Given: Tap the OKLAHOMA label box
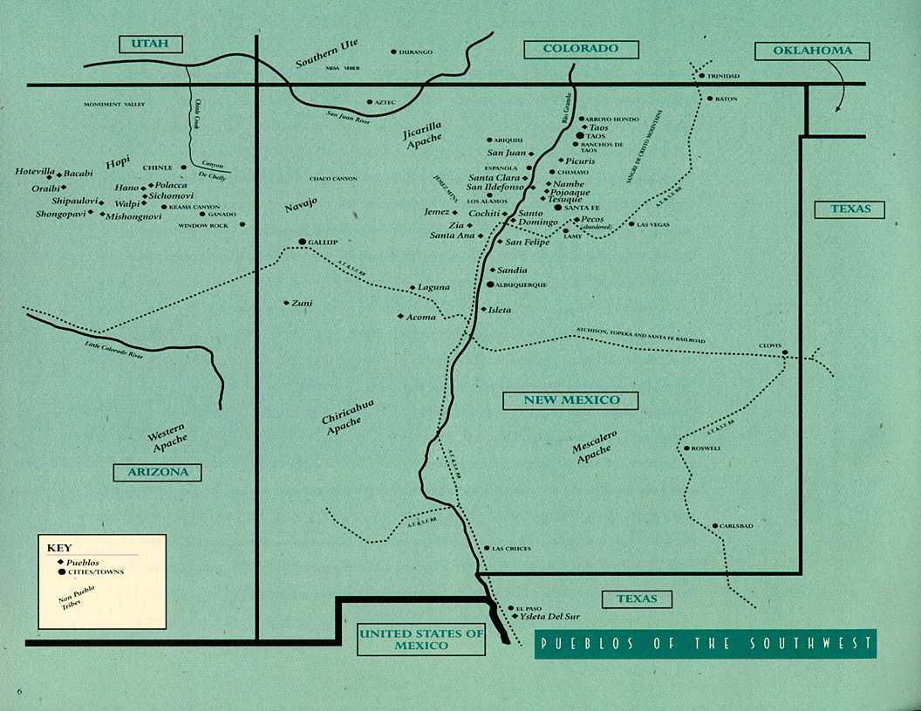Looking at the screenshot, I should pyautogui.click(x=813, y=51).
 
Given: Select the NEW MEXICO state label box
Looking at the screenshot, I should pyautogui.click(x=571, y=400).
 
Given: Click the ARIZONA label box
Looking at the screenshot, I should pyautogui.click(x=158, y=472).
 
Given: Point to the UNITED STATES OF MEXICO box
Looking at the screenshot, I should pyautogui.click(x=421, y=640).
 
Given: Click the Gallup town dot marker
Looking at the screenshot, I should pyautogui.click(x=303, y=242).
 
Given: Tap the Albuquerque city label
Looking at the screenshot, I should pyautogui.click(x=522, y=284).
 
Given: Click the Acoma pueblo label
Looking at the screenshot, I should pyautogui.click(x=421, y=317).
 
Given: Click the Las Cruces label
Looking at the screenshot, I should pyautogui.click(x=512, y=549).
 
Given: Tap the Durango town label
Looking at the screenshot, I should pyautogui.click(x=416, y=52).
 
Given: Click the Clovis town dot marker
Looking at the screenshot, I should pyautogui.click(x=784, y=353).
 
